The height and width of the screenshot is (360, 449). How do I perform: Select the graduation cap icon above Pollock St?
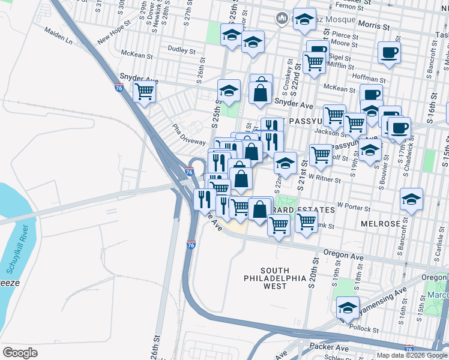click(x=348, y=308)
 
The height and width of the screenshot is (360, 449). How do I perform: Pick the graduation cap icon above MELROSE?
click(x=412, y=199)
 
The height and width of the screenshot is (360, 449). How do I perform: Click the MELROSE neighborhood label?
click(x=381, y=223)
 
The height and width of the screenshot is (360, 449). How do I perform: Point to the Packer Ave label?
click(x=329, y=347)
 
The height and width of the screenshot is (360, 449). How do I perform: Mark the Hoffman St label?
click(x=369, y=79)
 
